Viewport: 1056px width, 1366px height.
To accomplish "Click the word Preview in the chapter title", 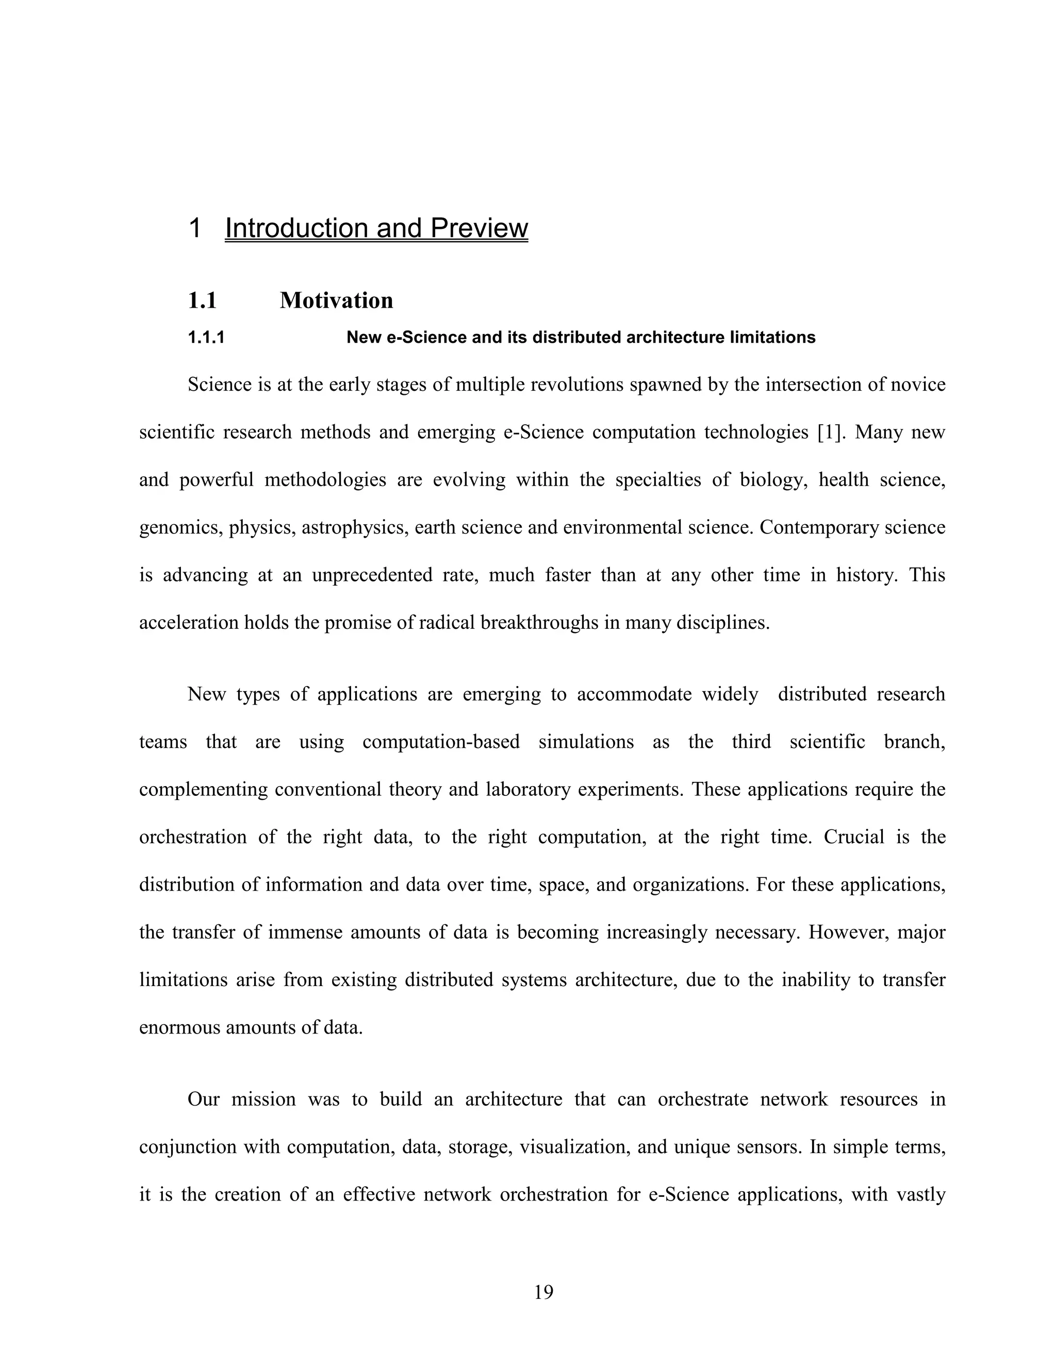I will (478, 228).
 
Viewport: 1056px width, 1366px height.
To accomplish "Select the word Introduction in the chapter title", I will (297, 228).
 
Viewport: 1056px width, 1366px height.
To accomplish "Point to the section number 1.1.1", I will (206, 338).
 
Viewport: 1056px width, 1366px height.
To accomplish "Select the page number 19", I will (543, 1292).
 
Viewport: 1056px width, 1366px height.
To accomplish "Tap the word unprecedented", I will (372, 575).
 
